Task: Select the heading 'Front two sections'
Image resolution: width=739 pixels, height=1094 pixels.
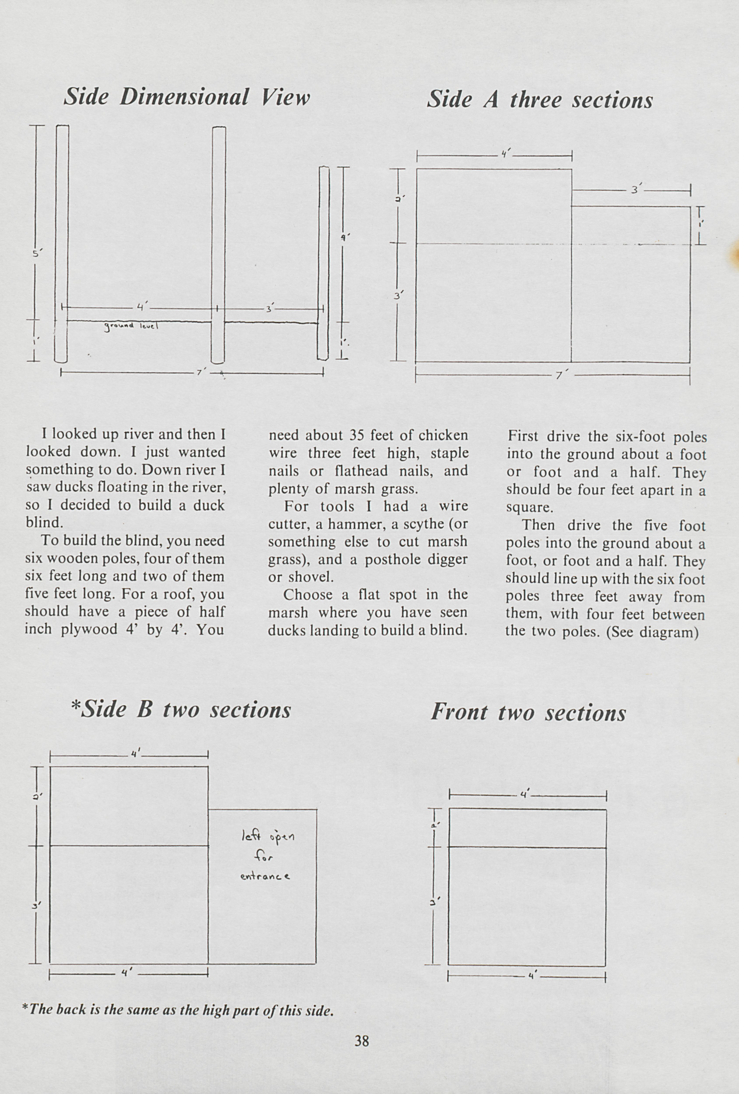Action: click(528, 712)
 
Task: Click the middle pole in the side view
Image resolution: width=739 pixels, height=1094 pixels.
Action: click(218, 245)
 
